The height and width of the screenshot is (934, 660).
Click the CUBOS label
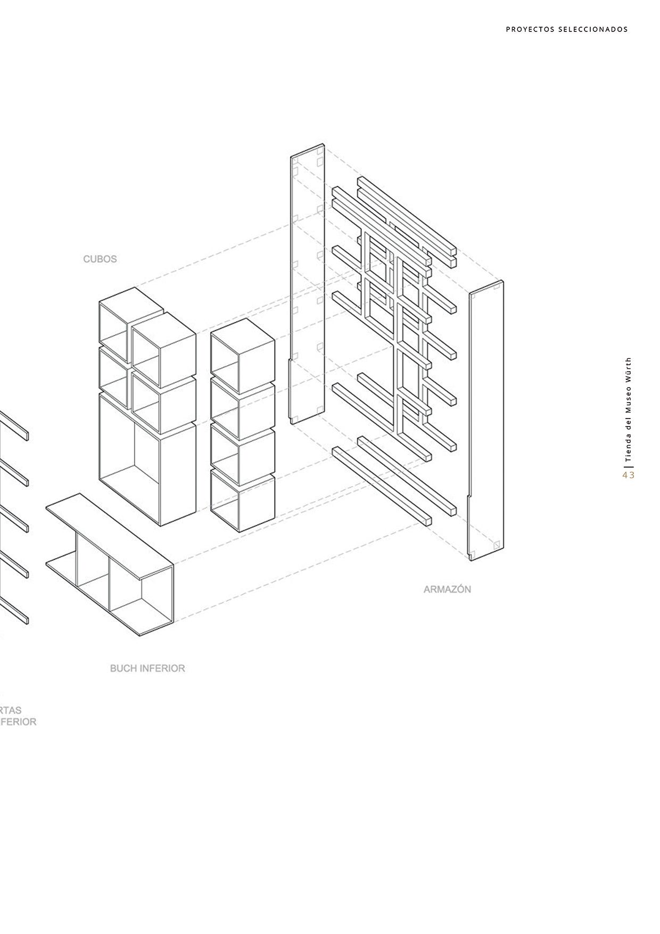pyautogui.click(x=100, y=259)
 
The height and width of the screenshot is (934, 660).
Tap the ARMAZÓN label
pyautogui.click(x=447, y=589)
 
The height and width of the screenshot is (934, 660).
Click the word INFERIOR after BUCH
pyautogui.click(x=164, y=668)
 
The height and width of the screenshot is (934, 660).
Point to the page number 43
pyautogui.click(x=629, y=475)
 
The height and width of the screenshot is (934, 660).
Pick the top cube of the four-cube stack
pyautogui.click(x=243, y=349)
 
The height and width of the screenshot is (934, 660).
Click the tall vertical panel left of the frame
pyautogui.click(x=308, y=288)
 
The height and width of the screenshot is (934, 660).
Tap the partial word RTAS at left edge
pyautogui.click(x=11, y=710)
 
